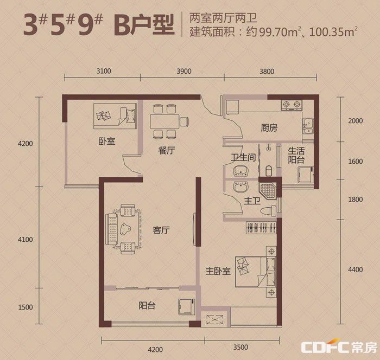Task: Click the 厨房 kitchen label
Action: (269, 127)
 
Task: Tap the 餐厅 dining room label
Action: (167, 150)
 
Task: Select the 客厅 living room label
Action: (161, 230)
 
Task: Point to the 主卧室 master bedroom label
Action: (218, 271)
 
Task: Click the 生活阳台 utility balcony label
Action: (296, 155)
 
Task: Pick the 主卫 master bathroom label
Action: (252, 201)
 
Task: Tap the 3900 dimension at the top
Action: (184, 71)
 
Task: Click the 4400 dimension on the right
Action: (355, 269)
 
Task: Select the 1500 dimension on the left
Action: (26, 307)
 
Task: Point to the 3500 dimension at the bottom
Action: (240, 348)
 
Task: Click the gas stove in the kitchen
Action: (292, 105)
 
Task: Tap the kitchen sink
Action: (308, 126)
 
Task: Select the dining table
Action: (165, 121)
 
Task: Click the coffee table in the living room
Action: (125, 229)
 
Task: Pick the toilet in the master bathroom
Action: (268, 210)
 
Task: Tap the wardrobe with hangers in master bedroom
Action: (261, 228)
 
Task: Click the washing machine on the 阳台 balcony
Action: (187, 307)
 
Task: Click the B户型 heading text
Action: (144, 25)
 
